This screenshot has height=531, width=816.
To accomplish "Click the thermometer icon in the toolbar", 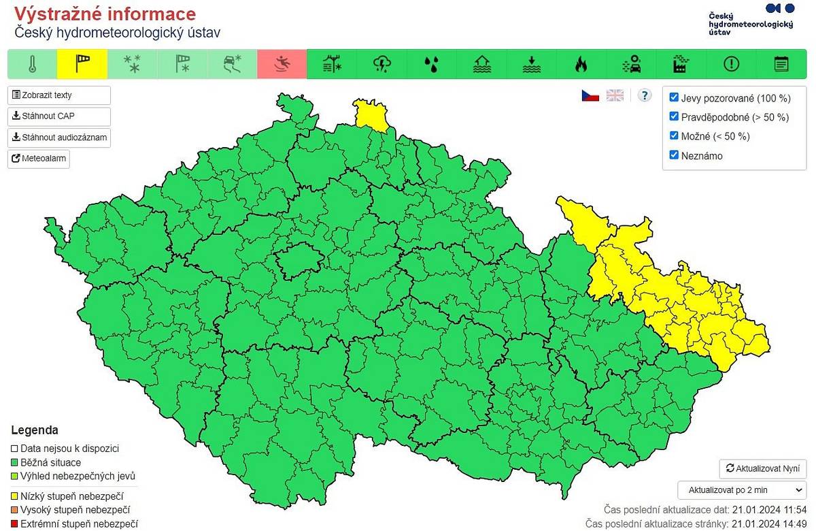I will click(x=32, y=65).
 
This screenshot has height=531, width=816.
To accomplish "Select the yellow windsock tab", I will click(x=82, y=65).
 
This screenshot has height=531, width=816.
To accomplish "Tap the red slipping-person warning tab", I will click(x=282, y=65).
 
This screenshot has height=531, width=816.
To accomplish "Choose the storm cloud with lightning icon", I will click(x=382, y=65).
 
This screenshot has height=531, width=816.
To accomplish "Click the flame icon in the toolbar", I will click(x=581, y=65).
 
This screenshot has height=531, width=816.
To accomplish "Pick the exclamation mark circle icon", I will click(x=731, y=65).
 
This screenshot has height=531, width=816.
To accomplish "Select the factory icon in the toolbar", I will click(x=681, y=65).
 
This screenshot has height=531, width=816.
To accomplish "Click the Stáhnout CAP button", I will click(x=58, y=116).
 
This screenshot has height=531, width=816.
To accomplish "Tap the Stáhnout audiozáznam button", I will click(x=58, y=138).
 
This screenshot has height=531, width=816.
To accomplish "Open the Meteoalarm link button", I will click(x=39, y=159).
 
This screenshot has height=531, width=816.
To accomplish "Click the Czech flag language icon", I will click(x=590, y=95).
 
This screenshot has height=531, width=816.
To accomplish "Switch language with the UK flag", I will click(x=615, y=95).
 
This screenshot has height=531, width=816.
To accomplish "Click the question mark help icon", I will click(x=645, y=95).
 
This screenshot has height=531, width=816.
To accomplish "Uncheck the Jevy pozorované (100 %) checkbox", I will click(x=674, y=97).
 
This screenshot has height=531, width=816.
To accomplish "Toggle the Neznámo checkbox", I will click(x=674, y=155).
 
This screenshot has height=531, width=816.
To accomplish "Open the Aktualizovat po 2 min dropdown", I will click(x=742, y=489).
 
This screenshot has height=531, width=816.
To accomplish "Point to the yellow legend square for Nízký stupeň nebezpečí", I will click(x=15, y=496).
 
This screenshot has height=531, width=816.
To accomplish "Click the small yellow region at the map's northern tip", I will click(x=371, y=114).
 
